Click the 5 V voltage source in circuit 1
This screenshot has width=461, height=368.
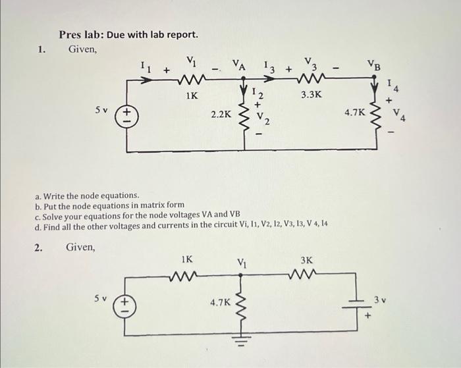124,117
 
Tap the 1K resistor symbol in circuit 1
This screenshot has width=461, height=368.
191,81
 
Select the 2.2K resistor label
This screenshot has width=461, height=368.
221,114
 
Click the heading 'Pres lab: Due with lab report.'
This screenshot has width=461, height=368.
128,34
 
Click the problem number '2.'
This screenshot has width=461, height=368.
38,248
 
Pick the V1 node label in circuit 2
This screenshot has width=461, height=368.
243,263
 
